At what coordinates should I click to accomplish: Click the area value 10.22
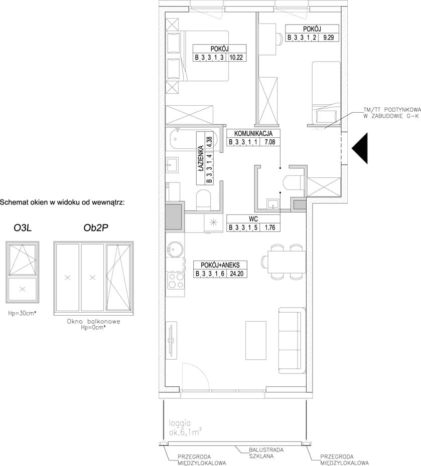236,57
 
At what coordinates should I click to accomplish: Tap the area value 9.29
329,38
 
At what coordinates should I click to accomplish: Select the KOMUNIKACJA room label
253,133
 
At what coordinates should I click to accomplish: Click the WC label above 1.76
253,219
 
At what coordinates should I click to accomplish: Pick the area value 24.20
236,274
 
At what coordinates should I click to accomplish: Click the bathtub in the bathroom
193,139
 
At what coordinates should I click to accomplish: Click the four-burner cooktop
176,281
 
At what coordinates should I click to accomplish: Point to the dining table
287,262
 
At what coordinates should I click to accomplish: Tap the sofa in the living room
292,340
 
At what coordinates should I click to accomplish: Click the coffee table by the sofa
255,340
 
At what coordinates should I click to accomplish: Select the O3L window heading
23,228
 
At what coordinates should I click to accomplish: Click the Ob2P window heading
96,227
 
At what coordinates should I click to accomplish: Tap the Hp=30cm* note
23,313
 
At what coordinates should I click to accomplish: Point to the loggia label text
180,422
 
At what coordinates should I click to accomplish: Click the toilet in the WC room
294,182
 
